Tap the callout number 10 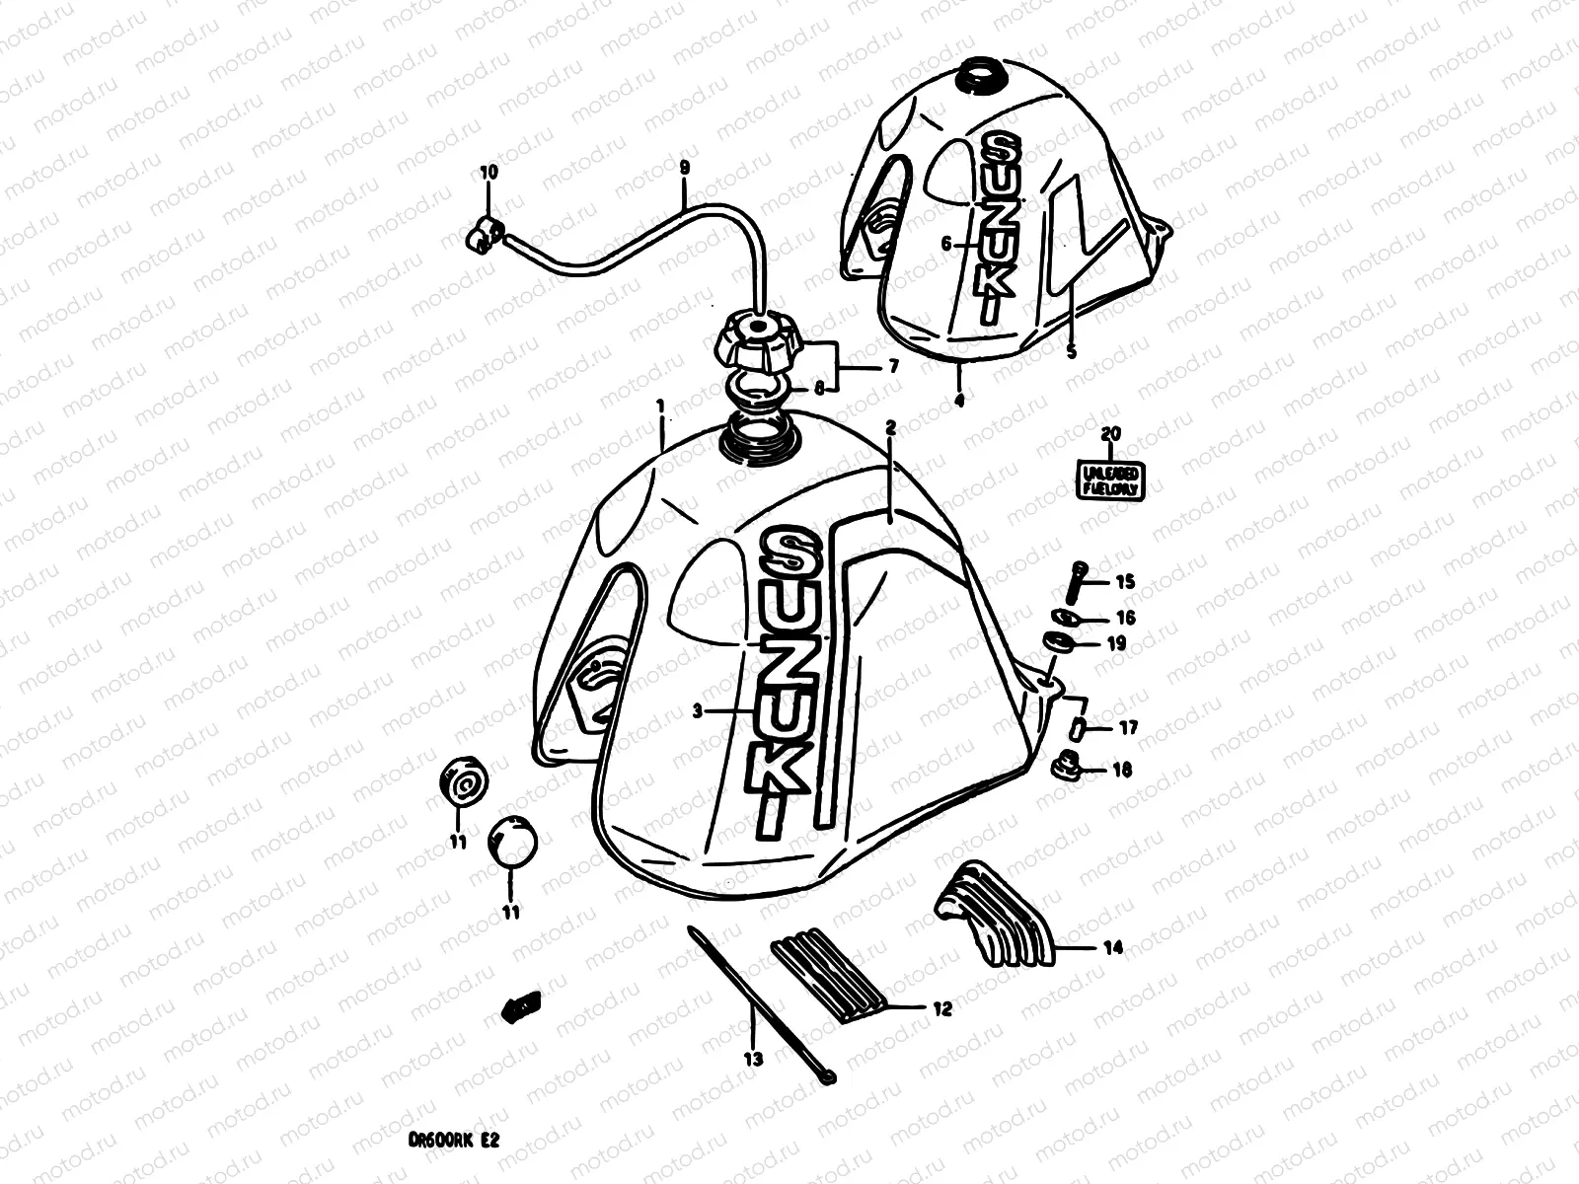pos(489,172)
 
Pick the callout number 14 pos(1112,948)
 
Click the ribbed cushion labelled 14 pos(992,914)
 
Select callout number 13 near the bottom pos(754,1060)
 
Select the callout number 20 pos(1111,433)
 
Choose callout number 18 pos(1122,771)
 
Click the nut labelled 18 pos(1068,765)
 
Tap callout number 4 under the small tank pos(959,401)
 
